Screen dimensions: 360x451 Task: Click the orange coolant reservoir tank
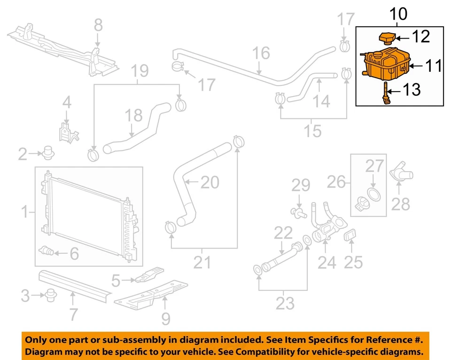(x=385, y=64)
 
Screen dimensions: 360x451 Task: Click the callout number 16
(x=262, y=54)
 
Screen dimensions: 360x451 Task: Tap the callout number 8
(x=98, y=25)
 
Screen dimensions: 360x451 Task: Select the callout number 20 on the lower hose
(x=210, y=183)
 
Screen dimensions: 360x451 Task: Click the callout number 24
(x=327, y=263)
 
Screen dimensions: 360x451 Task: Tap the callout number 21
(x=202, y=262)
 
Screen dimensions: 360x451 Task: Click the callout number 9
(x=165, y=319)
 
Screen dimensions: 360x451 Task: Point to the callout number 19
(x=140, y=71)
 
